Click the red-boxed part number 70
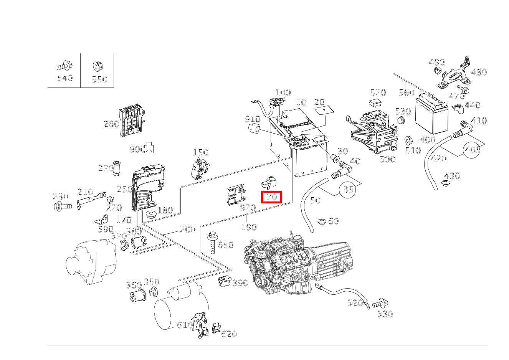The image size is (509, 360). coord(271,197)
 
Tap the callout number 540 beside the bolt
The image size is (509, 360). coord(64,78)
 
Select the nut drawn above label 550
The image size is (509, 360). coord(97,66)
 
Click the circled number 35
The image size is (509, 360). coord(348,189)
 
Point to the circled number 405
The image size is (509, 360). coord(472,149)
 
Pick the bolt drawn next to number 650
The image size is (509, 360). coord(212,243)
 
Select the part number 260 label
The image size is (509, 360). coord(111,124)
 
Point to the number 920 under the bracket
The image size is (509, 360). coord(248,208)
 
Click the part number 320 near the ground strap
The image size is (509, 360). coord(355,303)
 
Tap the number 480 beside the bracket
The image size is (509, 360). coord(479,72)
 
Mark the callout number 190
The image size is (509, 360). coord(248,227)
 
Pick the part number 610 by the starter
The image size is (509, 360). coord(185,325)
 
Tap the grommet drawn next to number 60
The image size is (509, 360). coord(322,221)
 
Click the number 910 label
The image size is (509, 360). coord(253,119)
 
